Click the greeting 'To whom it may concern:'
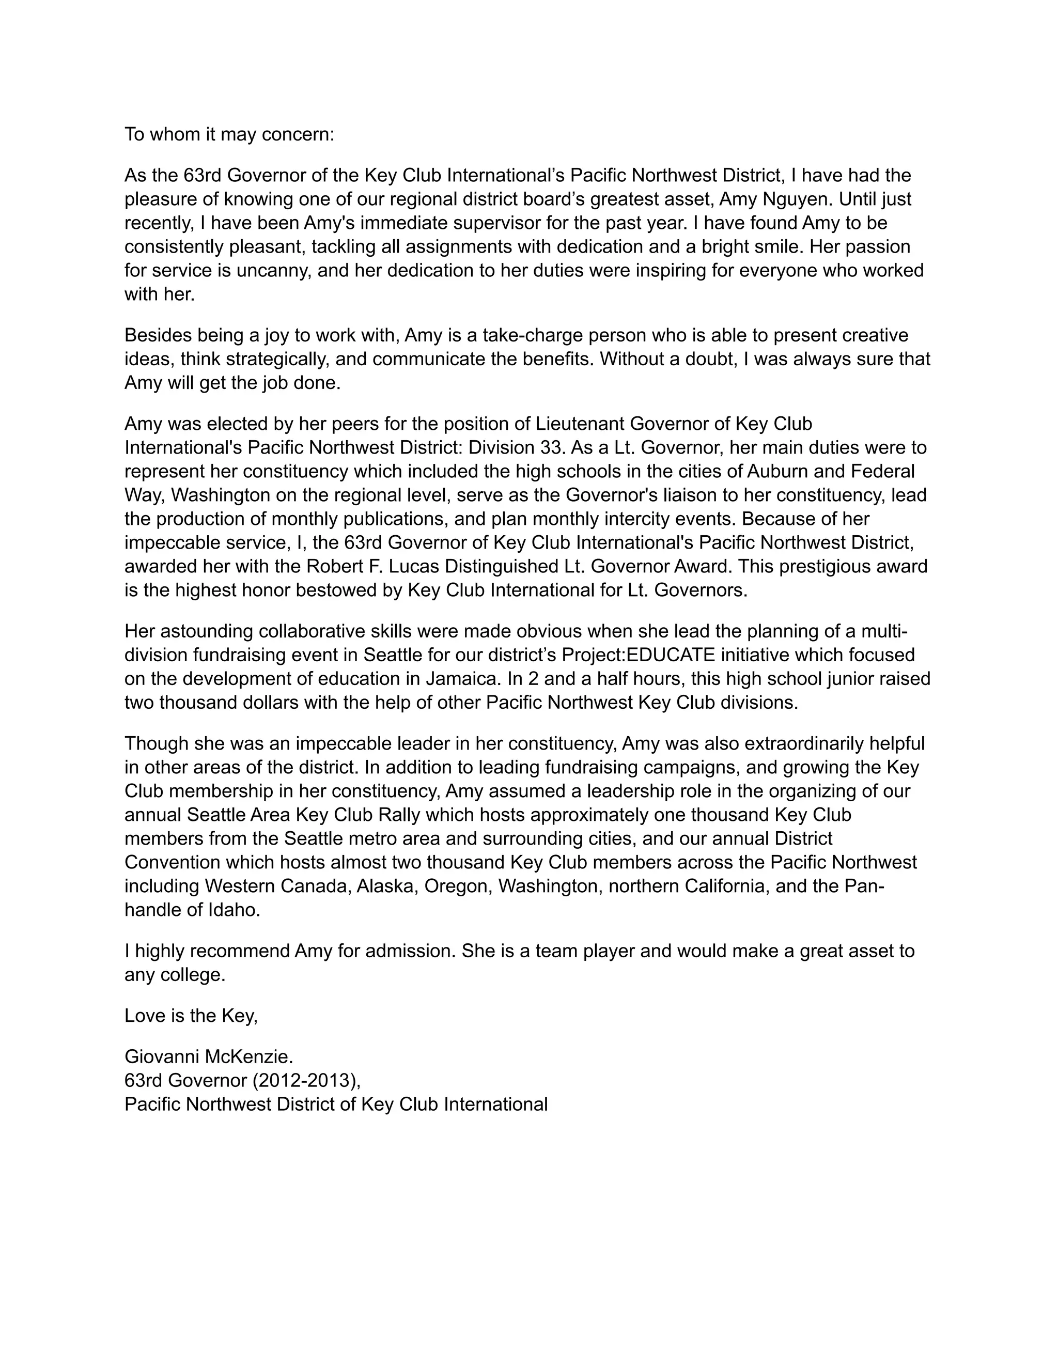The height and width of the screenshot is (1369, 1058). coord(229,134)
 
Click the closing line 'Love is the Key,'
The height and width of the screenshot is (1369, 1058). coord(191,1016)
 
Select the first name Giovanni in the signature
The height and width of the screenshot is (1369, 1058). coord(161,1057)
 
